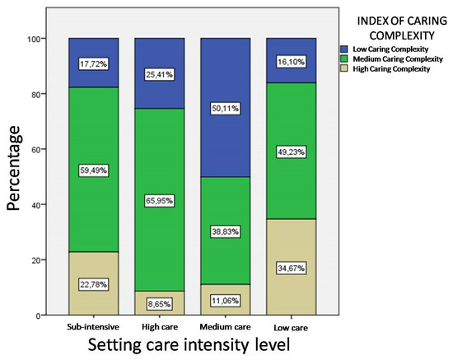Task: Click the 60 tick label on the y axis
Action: tap(37, 149)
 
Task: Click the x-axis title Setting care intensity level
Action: tap(189, 346)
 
